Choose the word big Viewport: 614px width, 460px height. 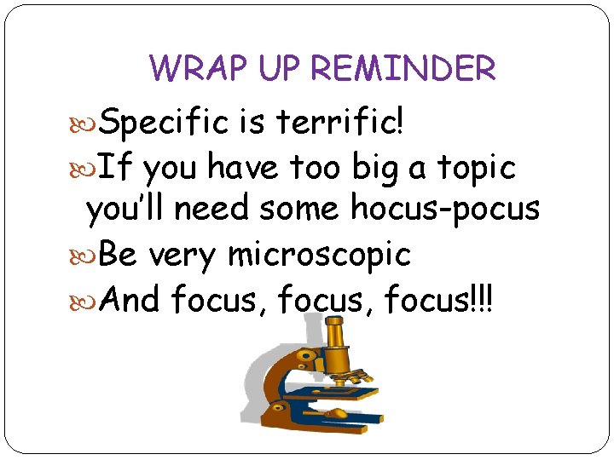(378, 169)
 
